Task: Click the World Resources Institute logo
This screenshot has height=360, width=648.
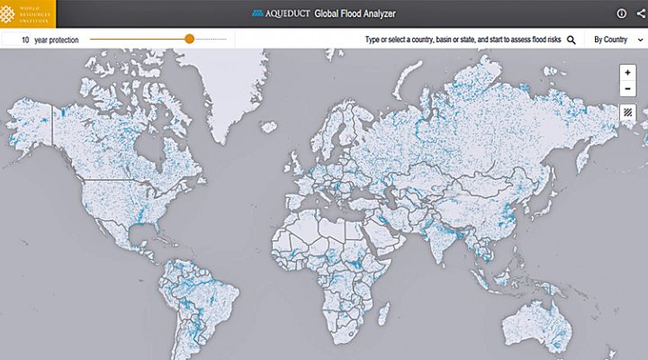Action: coord(27,13)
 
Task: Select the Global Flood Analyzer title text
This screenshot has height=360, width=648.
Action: coord(355,14)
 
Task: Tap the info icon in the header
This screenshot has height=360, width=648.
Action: coord(621,13)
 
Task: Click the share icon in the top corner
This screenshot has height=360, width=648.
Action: coord(641,13)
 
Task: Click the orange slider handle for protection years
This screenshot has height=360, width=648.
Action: coord(189,39)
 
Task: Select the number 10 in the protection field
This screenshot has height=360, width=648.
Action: coord(26,40)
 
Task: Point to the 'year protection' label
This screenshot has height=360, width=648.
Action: coord(56,40)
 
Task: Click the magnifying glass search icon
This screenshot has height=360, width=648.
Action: coord(571,40)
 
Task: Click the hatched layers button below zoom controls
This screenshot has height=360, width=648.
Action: coord(627,112)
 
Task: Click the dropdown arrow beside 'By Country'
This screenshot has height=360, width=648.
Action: coord(640,40)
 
